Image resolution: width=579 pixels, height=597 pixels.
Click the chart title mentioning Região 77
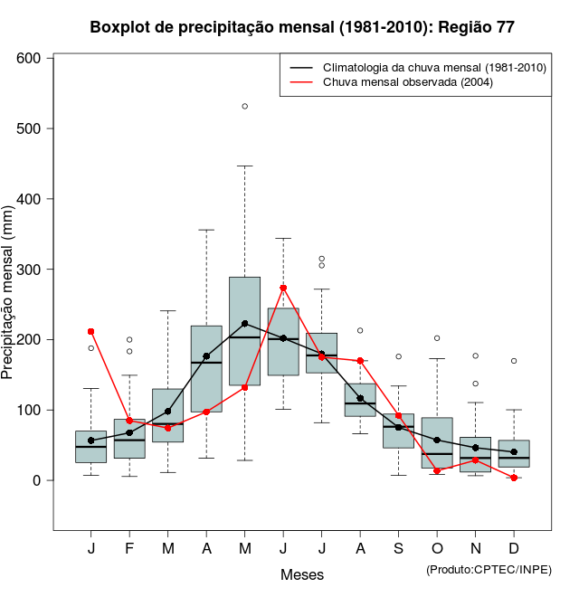(302, 27)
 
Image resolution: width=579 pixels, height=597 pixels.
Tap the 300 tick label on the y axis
(31, 270)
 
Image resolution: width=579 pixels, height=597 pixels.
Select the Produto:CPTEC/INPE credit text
(489, 569)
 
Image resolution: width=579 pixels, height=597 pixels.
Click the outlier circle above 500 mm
(245, 106)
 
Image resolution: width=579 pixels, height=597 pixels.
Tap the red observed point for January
(91, 331)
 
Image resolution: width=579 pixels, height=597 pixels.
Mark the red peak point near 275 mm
(283, 288)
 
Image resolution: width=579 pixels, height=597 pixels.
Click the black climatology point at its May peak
(245, 323)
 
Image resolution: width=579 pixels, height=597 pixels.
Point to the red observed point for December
(514, 478)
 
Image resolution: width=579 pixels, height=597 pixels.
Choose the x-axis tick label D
(514, 548)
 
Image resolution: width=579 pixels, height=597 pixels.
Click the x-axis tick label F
(129, 548)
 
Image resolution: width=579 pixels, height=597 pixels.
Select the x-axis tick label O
(437, 548)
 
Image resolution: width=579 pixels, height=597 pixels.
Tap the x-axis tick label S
(399, 548)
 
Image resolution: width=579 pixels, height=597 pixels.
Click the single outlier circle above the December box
(514, 361)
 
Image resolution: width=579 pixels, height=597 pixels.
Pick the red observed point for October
(437, 470)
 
